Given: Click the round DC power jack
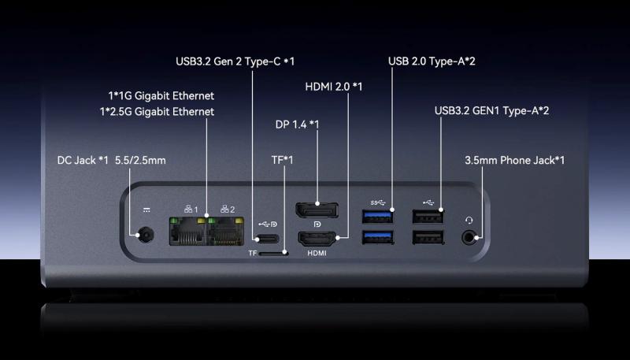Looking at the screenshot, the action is point(146,235).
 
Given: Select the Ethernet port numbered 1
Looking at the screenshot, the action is point(187,231).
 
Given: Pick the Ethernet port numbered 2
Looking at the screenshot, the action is point(225,231).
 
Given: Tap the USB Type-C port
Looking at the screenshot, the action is point(267,239).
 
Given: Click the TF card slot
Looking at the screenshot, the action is point(273,254).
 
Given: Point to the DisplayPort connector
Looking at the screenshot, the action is point(317,210).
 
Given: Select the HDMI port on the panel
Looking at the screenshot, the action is point(317,239).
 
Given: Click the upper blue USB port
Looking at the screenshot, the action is point(378,216).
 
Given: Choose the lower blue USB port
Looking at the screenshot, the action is point(378,237).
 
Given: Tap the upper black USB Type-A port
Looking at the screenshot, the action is point(428,216).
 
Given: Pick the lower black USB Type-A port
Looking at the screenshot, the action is point(428,237).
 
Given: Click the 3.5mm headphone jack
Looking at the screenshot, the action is point(469,237).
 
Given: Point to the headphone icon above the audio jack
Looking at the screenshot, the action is point(469,220).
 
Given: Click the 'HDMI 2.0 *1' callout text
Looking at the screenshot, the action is point(334,87).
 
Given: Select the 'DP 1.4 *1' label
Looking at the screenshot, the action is point(298,124).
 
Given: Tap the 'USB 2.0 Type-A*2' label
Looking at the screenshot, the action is point(432,61).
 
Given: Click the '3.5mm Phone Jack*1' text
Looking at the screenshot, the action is point(515,161).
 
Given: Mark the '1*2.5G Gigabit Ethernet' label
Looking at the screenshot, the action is point(157,112).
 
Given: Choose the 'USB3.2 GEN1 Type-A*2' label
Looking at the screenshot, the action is point(491,111).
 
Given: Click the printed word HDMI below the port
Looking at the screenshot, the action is point(317,254).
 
